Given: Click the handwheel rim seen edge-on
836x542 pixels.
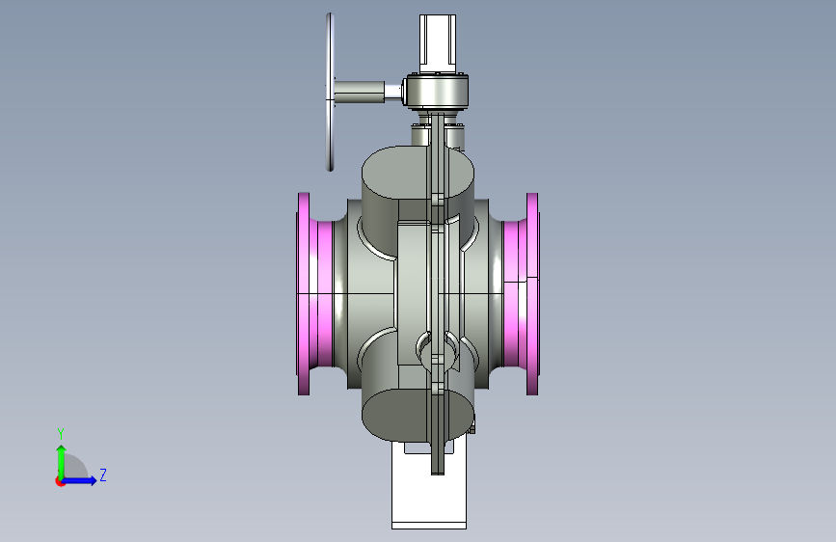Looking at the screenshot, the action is point(330,92).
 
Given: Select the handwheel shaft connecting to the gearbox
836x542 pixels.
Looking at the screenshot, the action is point(360,91).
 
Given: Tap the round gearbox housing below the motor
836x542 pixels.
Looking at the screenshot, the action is point(437,92).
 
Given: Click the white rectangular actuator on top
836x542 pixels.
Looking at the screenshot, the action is point(438,43).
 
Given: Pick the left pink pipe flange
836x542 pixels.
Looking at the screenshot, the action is point(304,294).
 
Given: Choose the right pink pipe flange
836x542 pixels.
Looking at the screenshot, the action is point(532,294).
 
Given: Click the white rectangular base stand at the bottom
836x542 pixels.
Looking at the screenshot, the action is point(429,491).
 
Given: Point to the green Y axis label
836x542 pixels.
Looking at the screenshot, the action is point(61,433).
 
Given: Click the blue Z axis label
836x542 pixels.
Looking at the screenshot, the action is point(103,474).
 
